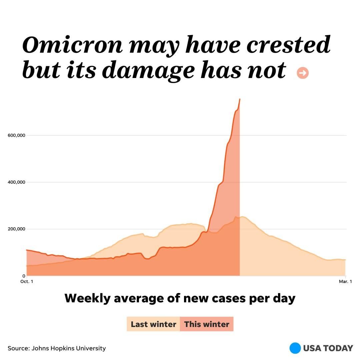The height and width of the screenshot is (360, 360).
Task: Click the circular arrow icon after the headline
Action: (303, 73)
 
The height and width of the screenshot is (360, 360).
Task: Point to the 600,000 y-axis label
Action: (16, 135)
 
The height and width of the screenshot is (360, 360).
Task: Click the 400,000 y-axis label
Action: (16, 182)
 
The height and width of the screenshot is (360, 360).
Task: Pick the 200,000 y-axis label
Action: (16, 229)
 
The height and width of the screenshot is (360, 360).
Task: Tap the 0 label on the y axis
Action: (24, 276)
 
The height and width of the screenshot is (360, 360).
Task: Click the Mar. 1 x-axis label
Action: (345, 282)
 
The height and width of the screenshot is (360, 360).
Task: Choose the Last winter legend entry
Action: (153, 324)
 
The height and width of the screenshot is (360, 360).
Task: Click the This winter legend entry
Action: (207, 324)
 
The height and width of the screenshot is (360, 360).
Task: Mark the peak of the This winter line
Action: (240, 99)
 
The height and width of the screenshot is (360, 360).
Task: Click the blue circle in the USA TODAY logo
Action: (295, 348)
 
